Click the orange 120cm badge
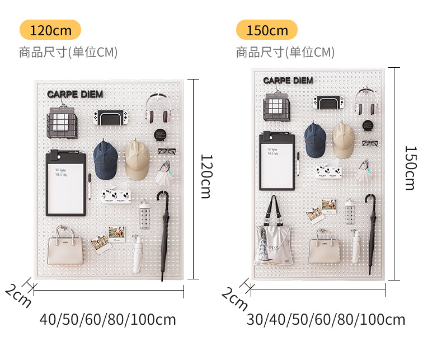(x=50, y=30)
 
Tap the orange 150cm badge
(x=267, y=30)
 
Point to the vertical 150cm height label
(x=410, y=168)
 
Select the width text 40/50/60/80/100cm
(x=107, y=320)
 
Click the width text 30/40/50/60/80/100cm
(x=326, y=320)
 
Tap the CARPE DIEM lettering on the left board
(x=75, y=94)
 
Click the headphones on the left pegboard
(x=158, y=108)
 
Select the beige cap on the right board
(x=343, y=140)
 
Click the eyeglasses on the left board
(x=167, y=150)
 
